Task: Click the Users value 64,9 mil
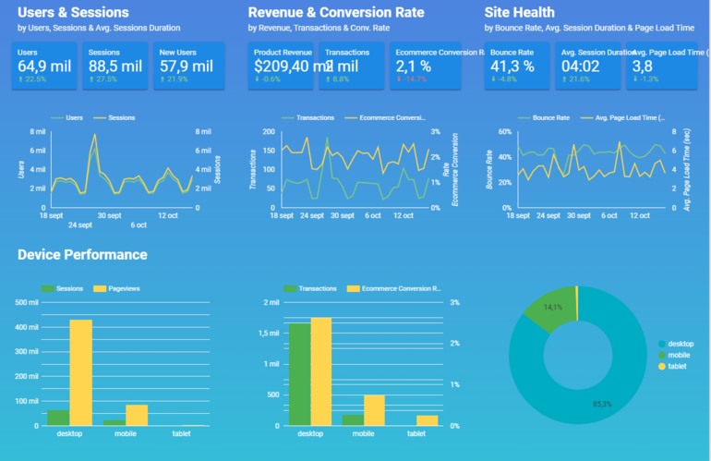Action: pyautogui.click(x=43, y=67)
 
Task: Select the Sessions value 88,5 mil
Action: pyautogui.click(x=114, y=67)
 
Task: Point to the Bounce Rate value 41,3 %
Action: pyautogui.click(x=512, y=67)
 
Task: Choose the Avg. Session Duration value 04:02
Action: pyautogui.click(x=581, y=67)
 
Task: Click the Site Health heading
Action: pyautogui.click(x=519, y=13)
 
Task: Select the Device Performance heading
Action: pyautogui.click(x=82, y=255)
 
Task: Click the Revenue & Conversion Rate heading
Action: pyautogui.click(x=336, y=13)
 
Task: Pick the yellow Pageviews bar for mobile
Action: pyautogui.click(x=137, y=415)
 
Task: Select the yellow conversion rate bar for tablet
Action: pyautogui.click(x=427, y=420)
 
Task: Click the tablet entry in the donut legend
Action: pyautogui.click(x=677, y=367)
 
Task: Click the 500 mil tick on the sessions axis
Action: pyautogui.click(x=28, y=302)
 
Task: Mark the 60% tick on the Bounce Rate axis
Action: pyautogui.click(x=504, y=132)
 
